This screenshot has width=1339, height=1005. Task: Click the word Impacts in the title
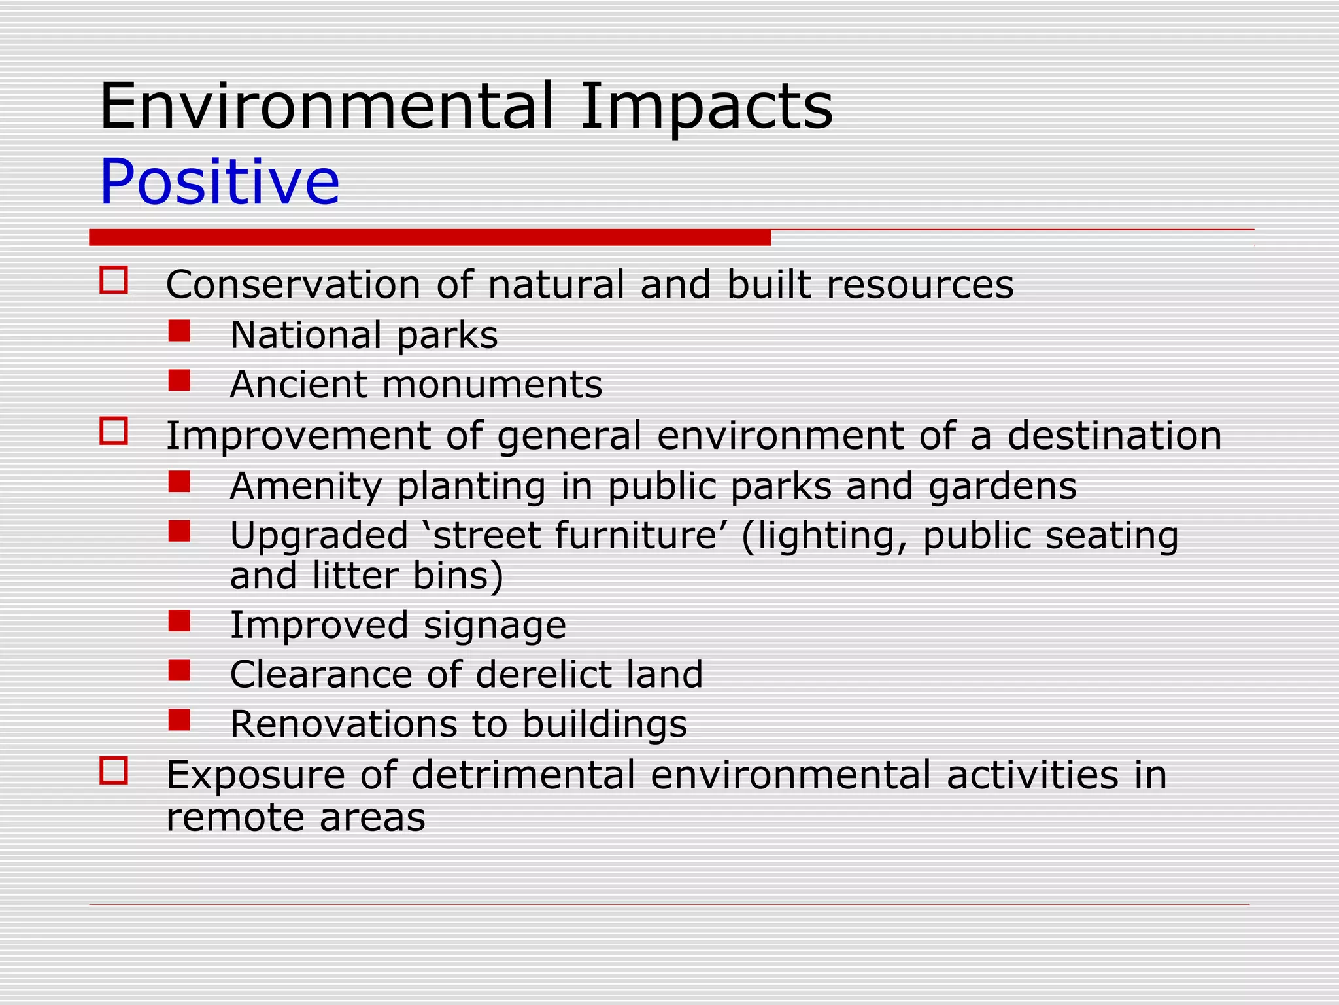click(706, 107)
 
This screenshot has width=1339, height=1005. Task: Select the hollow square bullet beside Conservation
click(114, 280)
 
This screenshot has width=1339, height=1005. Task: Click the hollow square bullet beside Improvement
click(114, 431)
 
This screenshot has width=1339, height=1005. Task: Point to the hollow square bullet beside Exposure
click(114, 770)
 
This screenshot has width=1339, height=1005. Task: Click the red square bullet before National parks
click(179, 331)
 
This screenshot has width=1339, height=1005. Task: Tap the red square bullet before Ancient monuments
click(179, 380)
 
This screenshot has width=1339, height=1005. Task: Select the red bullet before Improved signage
click(179, 621)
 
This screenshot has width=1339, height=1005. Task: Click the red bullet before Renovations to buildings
click(179, 720)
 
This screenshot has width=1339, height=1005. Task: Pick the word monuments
click(492, 385)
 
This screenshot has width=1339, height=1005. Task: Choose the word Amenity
click(306, 487)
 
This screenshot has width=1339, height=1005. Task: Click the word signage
click(494, 626)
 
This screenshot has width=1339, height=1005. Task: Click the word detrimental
click(523, 775)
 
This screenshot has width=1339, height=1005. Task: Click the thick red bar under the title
click(430, 238)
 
